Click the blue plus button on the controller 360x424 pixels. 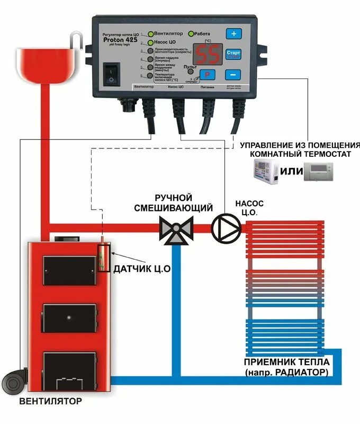click(x=233, y=33)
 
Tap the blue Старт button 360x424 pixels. click(x=233, y=54)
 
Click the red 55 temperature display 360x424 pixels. click(x=206, y=54)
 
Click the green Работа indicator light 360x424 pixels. click(x=191, y=34)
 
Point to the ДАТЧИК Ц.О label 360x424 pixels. click(x=141, y=269)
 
